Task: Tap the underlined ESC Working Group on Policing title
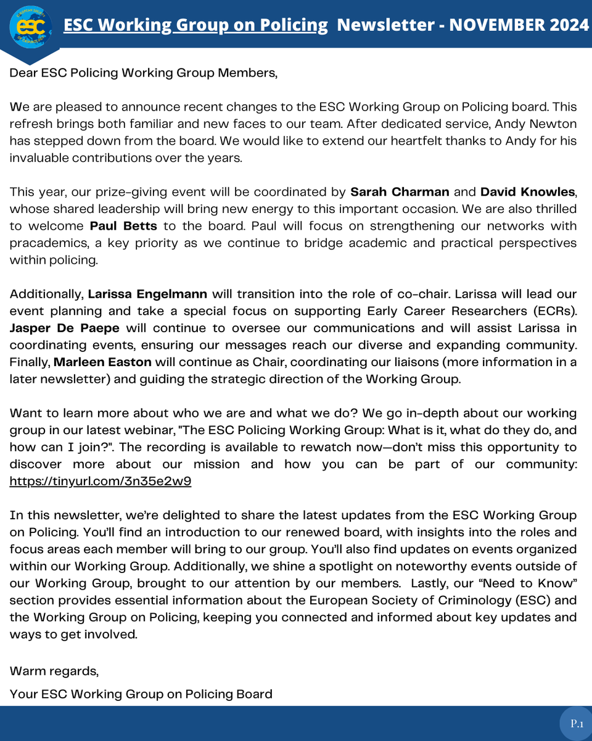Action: click(196, 25)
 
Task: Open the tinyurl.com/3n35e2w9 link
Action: click(100, 481)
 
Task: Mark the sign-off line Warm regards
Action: click(54, 670)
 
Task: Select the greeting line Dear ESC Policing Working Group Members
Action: click(143, 73)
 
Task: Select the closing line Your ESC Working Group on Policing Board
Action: click(141, 694)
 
